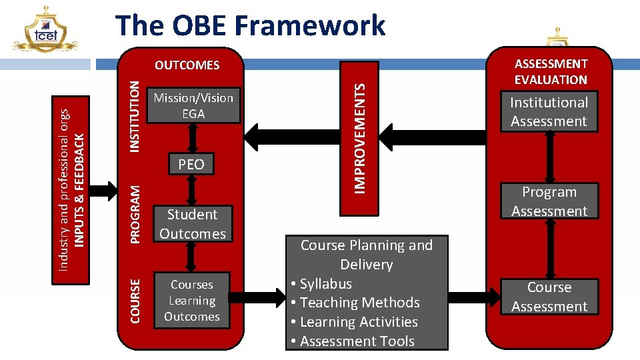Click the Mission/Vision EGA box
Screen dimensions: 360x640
[193, 106]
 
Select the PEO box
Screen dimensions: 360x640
[191, 164]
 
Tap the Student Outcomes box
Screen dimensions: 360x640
[193, 224]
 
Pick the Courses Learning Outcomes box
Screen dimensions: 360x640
[192, 301]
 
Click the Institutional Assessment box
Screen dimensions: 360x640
[549, 112]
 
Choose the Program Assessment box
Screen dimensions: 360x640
[549, 201]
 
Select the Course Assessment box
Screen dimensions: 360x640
[549, 297]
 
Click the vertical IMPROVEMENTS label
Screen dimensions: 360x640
[359, 138]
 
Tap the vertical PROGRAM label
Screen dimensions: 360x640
[135, 213]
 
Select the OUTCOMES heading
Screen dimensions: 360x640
[187, 65]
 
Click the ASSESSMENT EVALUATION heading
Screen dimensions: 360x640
[551, 71]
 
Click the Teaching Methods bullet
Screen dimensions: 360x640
[355, 303]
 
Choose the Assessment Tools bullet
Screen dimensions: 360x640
[353, 341]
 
